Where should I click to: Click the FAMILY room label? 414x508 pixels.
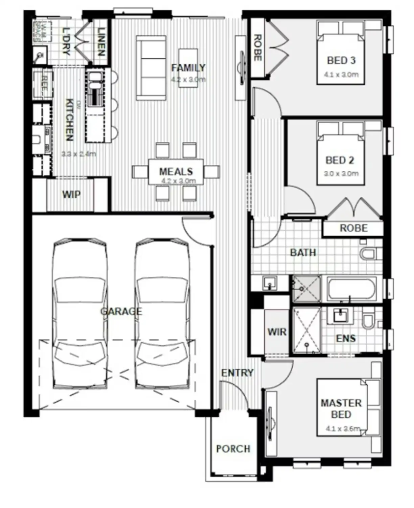tap(188, 68)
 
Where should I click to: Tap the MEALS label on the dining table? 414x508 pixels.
tap(176, 171)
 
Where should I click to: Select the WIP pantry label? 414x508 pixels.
tap(71, 195)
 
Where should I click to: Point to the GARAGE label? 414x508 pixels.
tap(121, 311)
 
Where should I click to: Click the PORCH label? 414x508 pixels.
tap(233, 449)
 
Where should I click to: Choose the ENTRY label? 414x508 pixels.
tap(237, 373)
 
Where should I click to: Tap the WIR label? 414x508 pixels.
tap(277, 332)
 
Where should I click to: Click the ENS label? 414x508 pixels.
tap(346, 338)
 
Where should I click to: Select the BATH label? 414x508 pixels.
tap(303, 253)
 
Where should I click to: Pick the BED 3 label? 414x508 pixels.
tap(341, 61)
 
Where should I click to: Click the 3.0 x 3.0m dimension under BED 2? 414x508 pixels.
tap(341, 174)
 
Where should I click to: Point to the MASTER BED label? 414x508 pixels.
tap(341, 408)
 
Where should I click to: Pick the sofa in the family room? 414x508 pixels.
tap(151, 68)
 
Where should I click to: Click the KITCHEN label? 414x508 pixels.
tap(69, 120)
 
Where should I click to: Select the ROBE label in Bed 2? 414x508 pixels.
tap(353, 228)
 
